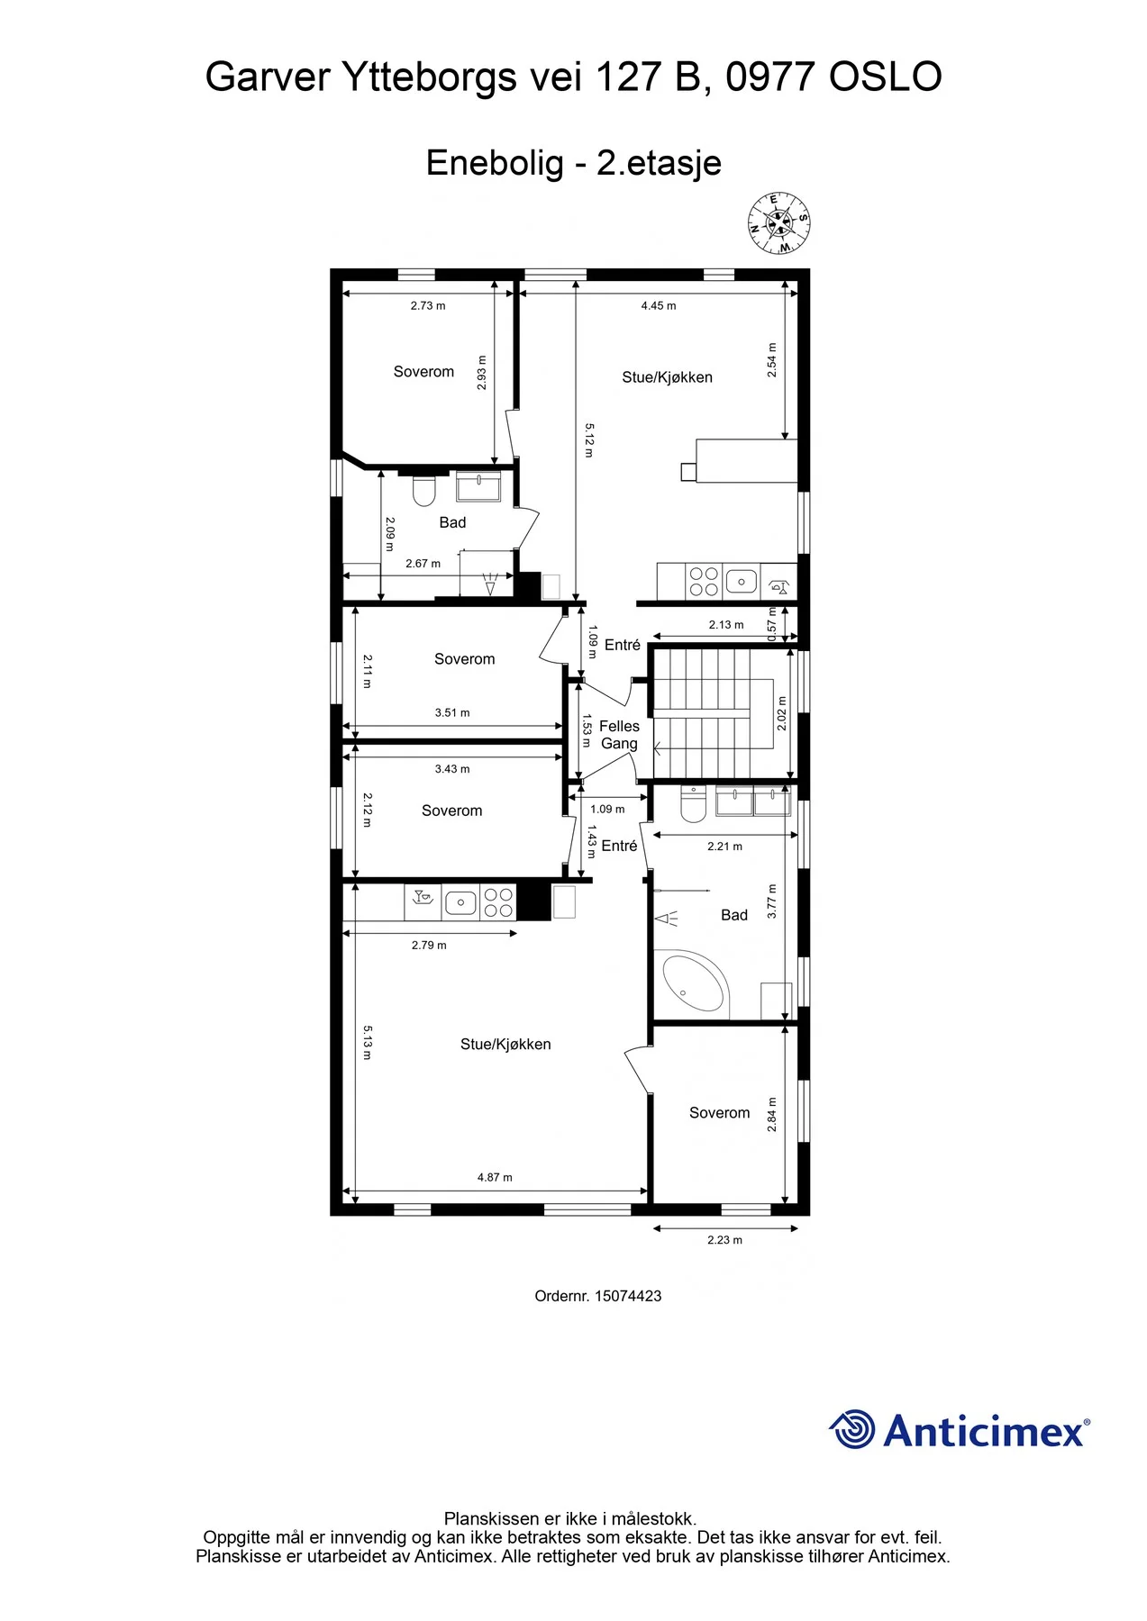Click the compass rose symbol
point(778,222)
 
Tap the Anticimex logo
point(959,1430)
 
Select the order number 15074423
point(628,1296)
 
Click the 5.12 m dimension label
point(588,440)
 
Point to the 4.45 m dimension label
point(659,305)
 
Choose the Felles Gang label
point(619,735)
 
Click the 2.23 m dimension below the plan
point(725,1240)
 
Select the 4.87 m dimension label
point(495,1177)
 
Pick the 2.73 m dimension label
point(428,305)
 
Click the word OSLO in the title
point(886,77)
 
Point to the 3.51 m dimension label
point(452,712)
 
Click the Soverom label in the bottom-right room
point(719,1113)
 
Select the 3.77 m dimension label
point(771,901)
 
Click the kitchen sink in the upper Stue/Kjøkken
point(742,581)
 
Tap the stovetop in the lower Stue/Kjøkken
point(498,902)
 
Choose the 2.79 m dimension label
point(429,945)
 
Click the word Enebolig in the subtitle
point(495,163)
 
